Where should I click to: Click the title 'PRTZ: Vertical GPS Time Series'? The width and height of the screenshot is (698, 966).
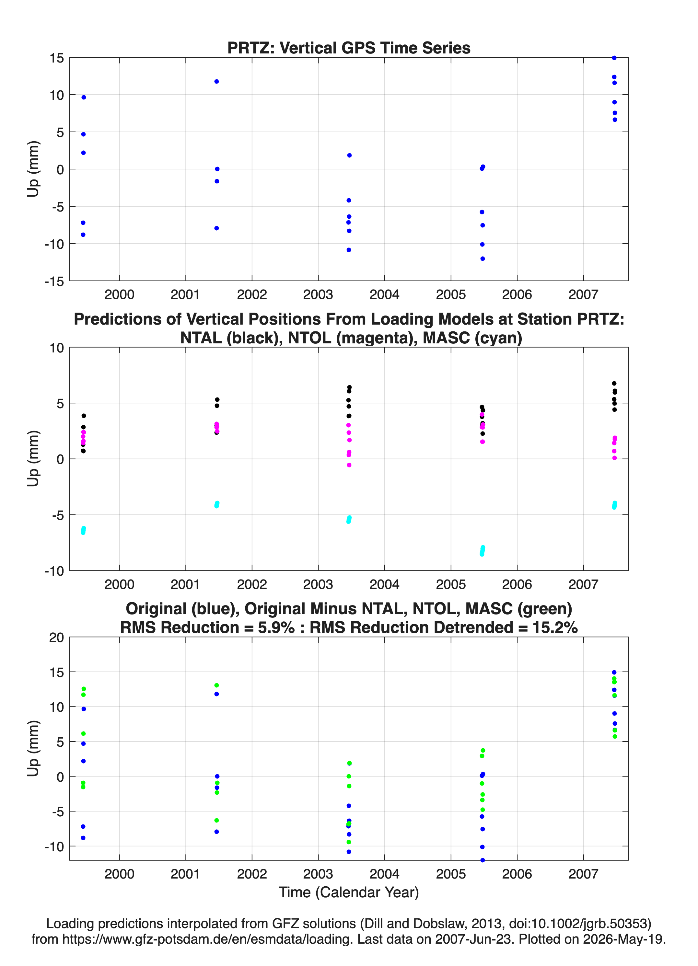pyautogui.click(x=349, y=48)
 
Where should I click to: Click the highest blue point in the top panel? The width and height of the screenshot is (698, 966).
pyautogui.click(x=614, y=58)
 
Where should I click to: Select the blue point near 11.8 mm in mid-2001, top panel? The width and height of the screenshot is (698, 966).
pyautogui.click(x=216, y=81)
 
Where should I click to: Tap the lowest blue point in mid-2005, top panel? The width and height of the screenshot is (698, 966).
pyautogui.click(x=483, y=259)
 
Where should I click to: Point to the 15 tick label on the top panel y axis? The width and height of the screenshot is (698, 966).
pyautogui.click(x=56, y=58)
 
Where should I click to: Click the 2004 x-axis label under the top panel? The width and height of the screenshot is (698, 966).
pyautogui.click(x=384, y=294)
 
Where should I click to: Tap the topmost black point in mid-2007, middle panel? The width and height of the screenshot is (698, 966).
pyautogui.click(x=614, y=383)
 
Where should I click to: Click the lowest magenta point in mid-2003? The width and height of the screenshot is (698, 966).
pyautogui.click(x=349, y=465)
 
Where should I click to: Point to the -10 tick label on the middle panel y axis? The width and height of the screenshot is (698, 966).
pyautogui.click(x=54, y=571)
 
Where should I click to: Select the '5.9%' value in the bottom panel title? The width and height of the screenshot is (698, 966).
pyautogui.click(x=276, y=627)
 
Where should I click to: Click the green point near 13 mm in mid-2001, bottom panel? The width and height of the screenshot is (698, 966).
pyautogui.click(x=216, y=685)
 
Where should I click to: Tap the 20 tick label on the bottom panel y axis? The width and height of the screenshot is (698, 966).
pyautogui.click(x=56, y=637)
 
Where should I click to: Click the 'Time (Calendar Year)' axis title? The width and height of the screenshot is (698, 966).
pyautogui.click(x=349, y=892)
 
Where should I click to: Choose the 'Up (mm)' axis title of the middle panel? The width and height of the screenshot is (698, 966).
pyautogui.click(x=33, y=459)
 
